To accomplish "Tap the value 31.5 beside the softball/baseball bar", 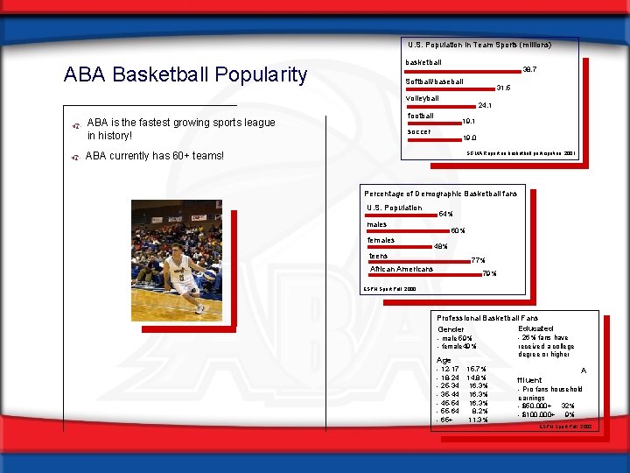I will (x=502, y=88).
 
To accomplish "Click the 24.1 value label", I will (x=485, y=106).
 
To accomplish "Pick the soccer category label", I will (x=419, y=132).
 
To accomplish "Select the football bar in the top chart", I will (x=433, y=123).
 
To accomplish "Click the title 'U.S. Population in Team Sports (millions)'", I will (x=479, y=44).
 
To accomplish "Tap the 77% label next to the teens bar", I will (x=478, y=260).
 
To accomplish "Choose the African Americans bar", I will (x=423, y=276).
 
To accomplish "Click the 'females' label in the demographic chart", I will (x=381, y=240).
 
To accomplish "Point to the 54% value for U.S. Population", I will (x=444, y=214).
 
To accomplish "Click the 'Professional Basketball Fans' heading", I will (x=487, y=317).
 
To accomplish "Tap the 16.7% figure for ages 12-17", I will (x=478, y=369).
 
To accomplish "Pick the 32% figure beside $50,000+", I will (x=567, y=406).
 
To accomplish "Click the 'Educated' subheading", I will (x=535, y=328).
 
